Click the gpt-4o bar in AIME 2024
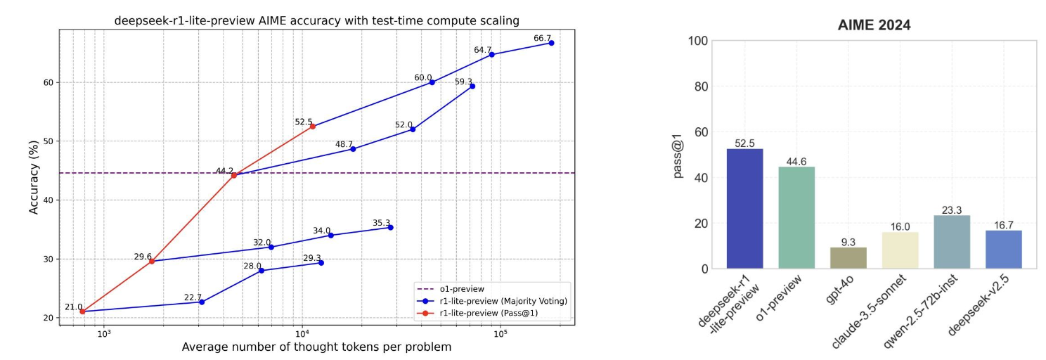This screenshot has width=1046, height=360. pos(848,257)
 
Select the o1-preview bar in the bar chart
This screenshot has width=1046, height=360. pos(796,217)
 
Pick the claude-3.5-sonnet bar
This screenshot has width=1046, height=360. pos(900,250)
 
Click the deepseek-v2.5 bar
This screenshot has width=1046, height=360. pos(1003,249)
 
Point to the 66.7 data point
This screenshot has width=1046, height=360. pos(551,43)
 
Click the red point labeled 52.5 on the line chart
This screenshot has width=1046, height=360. pos(312,127)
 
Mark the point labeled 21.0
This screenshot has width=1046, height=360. pos(82,311)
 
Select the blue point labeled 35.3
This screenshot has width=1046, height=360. pos(390,227)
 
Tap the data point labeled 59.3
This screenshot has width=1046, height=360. pos(472,86)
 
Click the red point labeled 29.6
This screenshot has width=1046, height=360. pos(152,261)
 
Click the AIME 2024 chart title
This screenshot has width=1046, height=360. pos(874,25)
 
